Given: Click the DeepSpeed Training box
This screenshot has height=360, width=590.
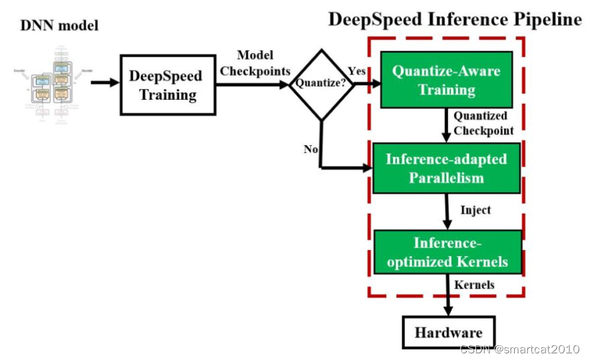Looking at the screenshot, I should (x=168, y=85).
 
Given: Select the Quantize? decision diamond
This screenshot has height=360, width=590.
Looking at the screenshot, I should (x=322, y=84).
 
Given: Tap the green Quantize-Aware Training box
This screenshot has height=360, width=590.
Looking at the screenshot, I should (x=446, y=79).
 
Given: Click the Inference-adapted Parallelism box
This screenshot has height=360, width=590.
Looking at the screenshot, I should (x=446, y=168).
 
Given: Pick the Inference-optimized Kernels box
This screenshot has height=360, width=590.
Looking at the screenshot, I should (x=447, y=252).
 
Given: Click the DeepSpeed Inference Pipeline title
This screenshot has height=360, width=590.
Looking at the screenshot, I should (x=455, y=19).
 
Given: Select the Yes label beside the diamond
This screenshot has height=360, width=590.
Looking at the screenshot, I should (x=357, y=71).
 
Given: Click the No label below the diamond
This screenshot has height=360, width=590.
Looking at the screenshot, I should (x=311, y=149).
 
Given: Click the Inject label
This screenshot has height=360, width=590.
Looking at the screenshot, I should (x=475, y=210).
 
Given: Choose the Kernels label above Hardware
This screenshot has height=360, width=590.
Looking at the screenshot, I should (x=474, y=284).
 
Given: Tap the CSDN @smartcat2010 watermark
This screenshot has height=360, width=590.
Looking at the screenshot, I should (x=519, y=349).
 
